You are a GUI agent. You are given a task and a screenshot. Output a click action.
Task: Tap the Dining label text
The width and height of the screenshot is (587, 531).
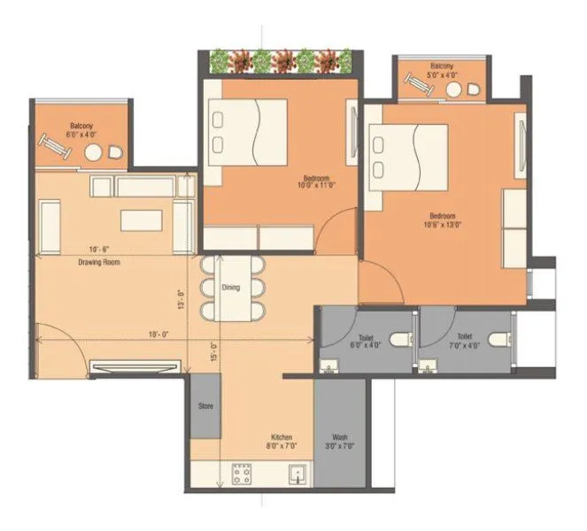tap(231, 287)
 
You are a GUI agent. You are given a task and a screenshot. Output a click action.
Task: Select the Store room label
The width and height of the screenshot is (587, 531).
tap(206, 408)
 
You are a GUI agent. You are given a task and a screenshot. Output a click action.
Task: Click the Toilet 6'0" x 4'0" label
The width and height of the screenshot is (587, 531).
tap(367, 340)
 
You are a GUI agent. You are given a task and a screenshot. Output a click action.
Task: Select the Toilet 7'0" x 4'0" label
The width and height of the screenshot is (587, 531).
tap(465, 340)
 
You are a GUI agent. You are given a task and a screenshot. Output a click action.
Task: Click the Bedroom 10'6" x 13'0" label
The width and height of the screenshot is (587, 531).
tap(442, 220)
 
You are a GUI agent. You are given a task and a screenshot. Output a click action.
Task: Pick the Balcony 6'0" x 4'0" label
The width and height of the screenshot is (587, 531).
tap(81, 130)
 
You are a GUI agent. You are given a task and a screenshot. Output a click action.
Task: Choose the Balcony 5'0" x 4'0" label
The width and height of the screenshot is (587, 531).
tap(442, 72)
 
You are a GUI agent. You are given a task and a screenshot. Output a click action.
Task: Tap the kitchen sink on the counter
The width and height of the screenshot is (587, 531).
tap(296, 473)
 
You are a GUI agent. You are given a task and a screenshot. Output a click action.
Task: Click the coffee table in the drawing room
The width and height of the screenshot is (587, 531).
tap(142, 219)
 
